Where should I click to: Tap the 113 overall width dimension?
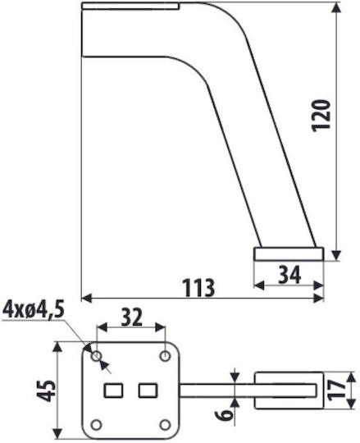coord(199,288)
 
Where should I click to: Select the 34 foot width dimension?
coord(289,275)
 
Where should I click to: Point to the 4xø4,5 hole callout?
coord(34,310)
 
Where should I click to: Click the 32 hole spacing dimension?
coord(131,317)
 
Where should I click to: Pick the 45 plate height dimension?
coord(47,391)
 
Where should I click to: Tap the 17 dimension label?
coord(337,390)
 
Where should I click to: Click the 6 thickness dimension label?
coord(224,415)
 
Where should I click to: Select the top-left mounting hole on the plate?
coord(96,356)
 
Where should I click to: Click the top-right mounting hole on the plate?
coord(165,356)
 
